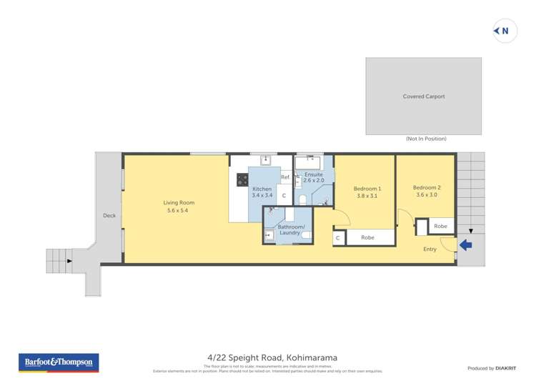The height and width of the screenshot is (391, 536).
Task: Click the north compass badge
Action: point(505,31)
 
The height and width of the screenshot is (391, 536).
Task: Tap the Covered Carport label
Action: point(425,96)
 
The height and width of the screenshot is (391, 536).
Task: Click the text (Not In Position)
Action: point(426,139)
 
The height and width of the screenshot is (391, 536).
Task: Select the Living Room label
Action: point(179,203)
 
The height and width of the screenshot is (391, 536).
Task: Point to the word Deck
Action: point(109,215)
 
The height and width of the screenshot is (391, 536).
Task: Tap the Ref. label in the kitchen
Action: point(284,177)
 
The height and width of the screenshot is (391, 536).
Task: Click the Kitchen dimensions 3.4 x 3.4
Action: point(262,195)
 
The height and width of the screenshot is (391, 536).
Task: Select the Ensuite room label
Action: point(314,174)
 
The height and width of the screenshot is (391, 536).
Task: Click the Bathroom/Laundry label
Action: point(291,230)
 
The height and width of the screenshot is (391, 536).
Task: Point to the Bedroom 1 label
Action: point(367,189)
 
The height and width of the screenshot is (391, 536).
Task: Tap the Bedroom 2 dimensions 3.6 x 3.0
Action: point(427,194)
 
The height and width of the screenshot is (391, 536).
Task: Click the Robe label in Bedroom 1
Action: point(367,237)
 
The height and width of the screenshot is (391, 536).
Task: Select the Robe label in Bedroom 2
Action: point(440,226)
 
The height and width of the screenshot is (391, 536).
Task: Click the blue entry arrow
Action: point(465,245)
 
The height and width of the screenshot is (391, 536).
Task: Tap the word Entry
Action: point(430,249)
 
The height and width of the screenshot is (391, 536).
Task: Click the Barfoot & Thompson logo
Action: point(58,363)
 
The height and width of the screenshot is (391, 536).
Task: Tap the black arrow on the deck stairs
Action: point(69,261)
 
